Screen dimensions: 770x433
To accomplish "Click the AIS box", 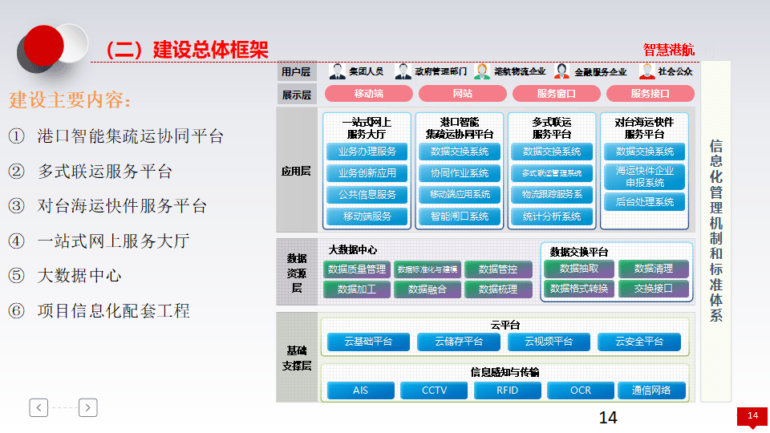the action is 360,391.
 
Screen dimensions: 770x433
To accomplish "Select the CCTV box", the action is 434,391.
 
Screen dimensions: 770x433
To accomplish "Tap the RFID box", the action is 508,391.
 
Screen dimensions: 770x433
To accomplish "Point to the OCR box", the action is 580,391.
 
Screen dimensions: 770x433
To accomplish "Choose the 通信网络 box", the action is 651,391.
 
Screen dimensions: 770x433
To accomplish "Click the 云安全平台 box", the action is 639,342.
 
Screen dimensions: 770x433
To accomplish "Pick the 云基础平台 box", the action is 368,342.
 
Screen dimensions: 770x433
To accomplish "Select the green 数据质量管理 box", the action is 357,269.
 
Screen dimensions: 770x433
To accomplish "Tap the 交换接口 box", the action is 653,289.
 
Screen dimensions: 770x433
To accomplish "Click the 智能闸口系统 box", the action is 460,216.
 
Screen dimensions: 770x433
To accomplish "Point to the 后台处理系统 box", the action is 645,202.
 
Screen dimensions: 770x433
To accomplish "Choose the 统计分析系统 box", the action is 552,216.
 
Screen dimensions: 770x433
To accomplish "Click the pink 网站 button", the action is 462,94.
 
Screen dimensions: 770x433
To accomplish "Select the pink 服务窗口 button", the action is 556,94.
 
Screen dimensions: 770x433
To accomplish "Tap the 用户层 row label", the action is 296,72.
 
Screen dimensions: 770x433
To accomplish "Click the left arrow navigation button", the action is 39,407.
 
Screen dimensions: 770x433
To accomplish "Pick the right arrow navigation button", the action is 88,407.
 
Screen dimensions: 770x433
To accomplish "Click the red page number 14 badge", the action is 752,415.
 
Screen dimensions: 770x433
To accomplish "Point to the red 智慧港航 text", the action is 668,50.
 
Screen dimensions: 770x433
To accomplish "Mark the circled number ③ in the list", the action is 17,206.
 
